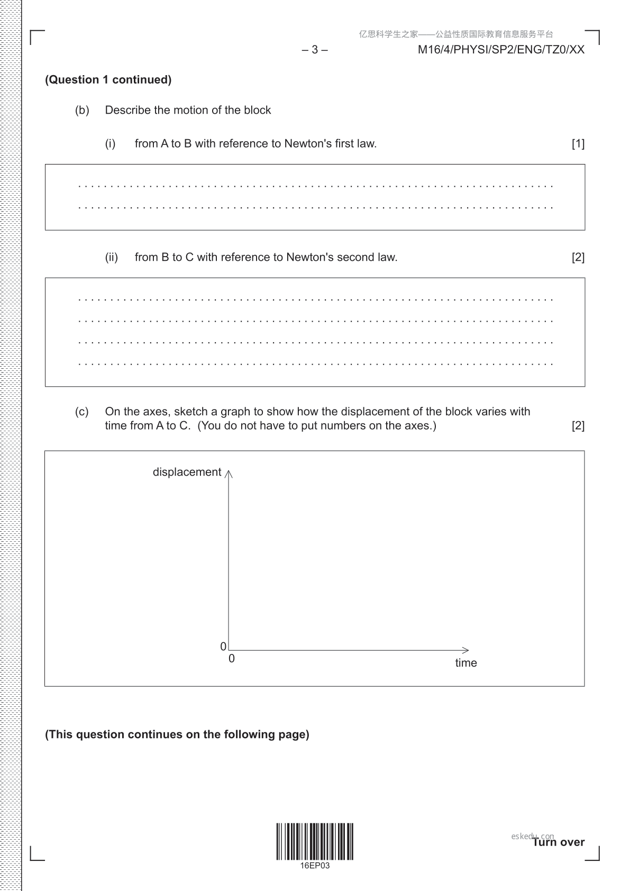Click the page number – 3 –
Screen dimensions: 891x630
click(x=315, y=50)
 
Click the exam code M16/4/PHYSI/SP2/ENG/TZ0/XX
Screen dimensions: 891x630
click(x=501, y=50)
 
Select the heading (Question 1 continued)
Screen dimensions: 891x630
click(x=108, y=80)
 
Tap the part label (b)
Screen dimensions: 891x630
click(x=82, y=110)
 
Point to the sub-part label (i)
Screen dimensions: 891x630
click(x=110, y=143)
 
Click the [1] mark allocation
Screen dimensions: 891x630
click(x=578, y=143)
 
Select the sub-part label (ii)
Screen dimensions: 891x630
click(x=111, y=257)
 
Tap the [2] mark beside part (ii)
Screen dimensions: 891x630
click(x=578, y=257)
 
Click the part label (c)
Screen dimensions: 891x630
click(x=82, y=412)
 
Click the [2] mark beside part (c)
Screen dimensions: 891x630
click(x=578, y=425)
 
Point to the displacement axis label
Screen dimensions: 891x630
click(x=187, y=472)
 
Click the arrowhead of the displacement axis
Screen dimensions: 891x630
click(x=229, y=473)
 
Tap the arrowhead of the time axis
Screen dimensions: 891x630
click(x=465, y=650)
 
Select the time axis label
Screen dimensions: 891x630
click(x=466, y=663)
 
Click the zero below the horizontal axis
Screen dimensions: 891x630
click(x=232, y=659)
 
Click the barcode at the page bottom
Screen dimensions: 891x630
click(x=315, y=841)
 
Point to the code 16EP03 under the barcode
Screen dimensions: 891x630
click(x=315, y=866)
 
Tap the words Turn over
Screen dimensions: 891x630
click(x=559, y=842)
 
